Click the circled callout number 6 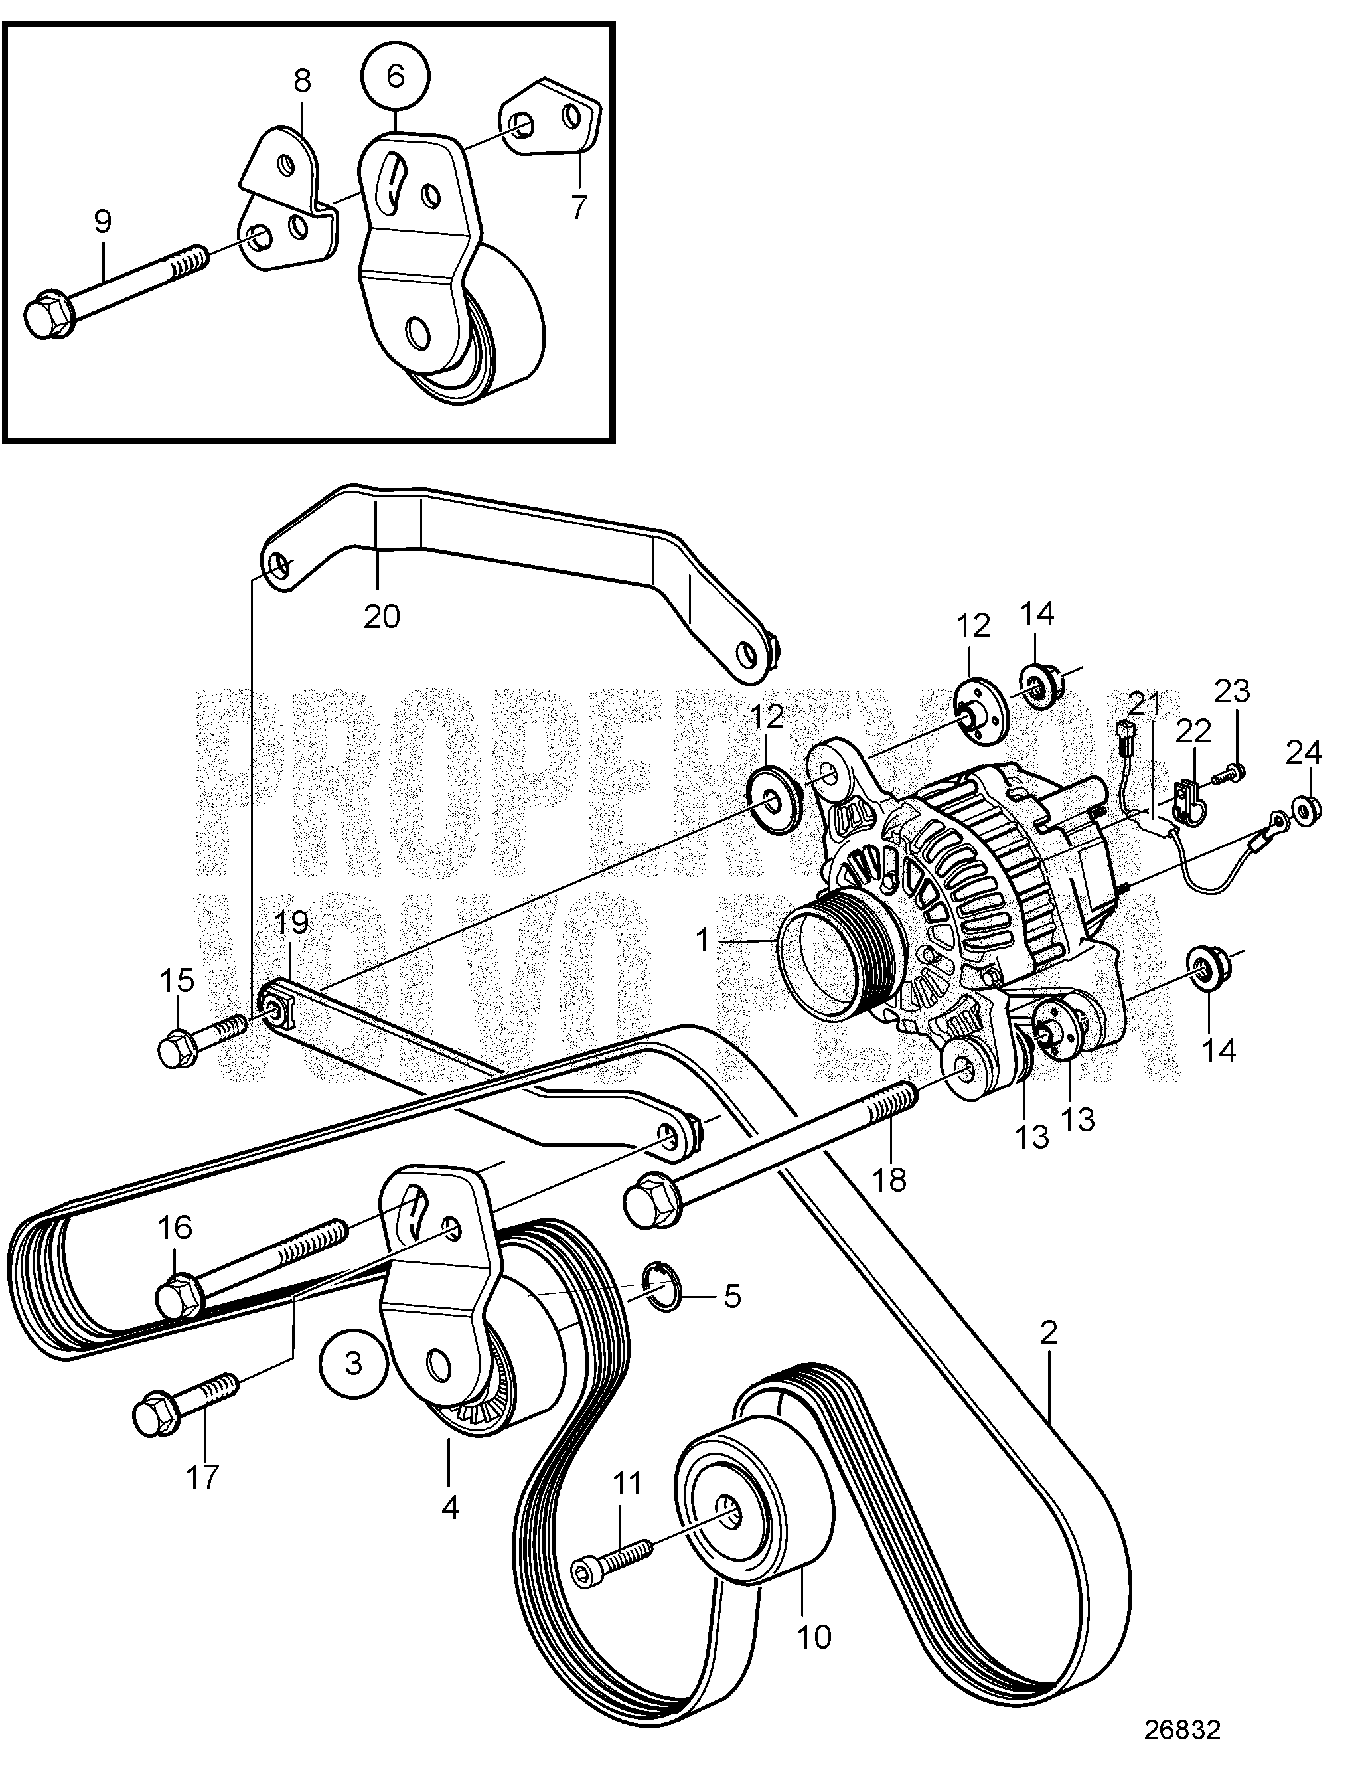(395, 76)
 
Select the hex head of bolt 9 (41, 318)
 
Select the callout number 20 (381, 617)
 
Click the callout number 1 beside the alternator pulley (702, 939)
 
